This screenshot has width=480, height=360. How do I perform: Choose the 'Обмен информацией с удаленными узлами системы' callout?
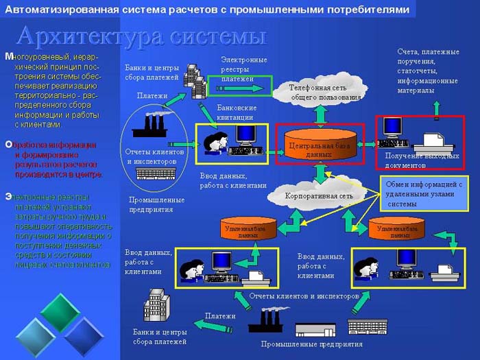(421, 193)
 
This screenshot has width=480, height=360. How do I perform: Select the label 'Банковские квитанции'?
(237, 112)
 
